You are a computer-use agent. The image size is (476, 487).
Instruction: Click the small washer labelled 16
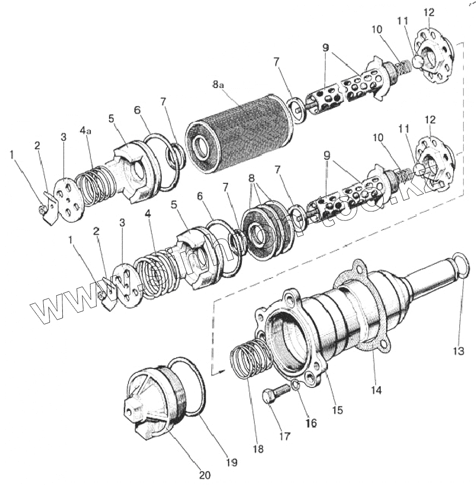coord(295,385)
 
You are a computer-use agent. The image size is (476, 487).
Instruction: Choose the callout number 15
coord(337,409)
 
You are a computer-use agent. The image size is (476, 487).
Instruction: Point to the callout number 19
coord(232,462)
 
